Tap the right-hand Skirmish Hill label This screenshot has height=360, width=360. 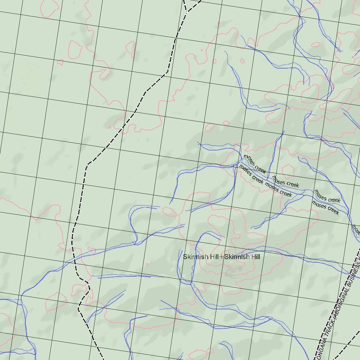coord(242,257)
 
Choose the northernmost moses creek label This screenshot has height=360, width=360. coord(255,164)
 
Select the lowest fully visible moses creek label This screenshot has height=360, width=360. coord(326,207)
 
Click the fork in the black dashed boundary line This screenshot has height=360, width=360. coord(186,12)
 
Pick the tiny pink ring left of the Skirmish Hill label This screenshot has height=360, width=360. coord(147,265)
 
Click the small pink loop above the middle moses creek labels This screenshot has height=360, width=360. coord(288,170)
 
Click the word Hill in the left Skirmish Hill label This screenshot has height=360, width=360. coord(214,257)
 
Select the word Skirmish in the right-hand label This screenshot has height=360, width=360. coord(236,257)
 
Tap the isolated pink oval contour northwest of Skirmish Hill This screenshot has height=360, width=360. coord(170,211)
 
